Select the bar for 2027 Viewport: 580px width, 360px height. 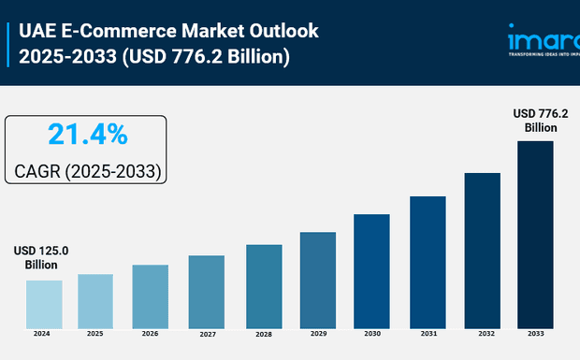coord(206,291)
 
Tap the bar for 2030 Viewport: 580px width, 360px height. coord(371,270)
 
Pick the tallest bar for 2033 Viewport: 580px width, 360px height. coord(535,234)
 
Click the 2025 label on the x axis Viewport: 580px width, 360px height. coord(95,333)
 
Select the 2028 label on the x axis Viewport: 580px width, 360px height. coord(263,334)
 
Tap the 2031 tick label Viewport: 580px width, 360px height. coord(427,333)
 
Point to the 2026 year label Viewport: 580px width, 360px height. coord(150,333)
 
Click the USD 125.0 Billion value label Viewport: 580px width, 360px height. coord(41,258)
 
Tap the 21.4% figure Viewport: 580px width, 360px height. coord(87,136)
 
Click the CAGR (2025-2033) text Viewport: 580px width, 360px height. coord(88,172)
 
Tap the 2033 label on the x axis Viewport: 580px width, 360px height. coord(535,333)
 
